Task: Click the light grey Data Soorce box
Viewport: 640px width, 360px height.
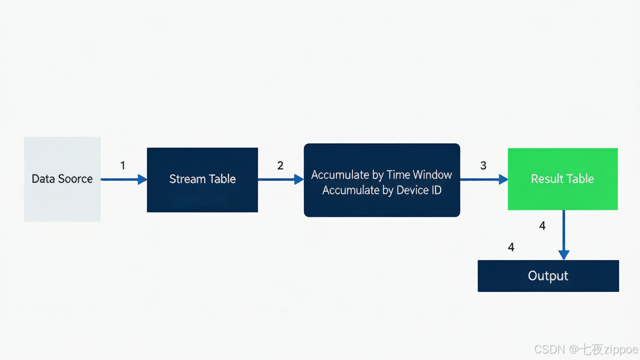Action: (62, 179)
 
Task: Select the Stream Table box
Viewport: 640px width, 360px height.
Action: (202, 179)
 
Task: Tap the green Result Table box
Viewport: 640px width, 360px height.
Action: (562, 179)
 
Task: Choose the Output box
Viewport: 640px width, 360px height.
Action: (548, 275)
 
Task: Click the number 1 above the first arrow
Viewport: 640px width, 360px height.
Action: (123, 165)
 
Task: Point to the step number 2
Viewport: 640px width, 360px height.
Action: (280, 165)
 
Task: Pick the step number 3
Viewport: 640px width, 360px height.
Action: (483, 165)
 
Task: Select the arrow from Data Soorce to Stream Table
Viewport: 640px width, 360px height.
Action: (123, 179)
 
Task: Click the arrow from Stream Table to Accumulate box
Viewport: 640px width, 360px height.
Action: (281, 179)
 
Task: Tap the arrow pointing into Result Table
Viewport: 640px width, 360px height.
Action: (484, 179)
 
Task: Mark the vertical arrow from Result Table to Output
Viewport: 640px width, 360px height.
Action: (563, 235)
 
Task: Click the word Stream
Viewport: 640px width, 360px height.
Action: (187, 179)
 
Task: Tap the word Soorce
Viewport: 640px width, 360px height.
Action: (75, 179)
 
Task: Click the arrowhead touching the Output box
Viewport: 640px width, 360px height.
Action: (563, 255)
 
